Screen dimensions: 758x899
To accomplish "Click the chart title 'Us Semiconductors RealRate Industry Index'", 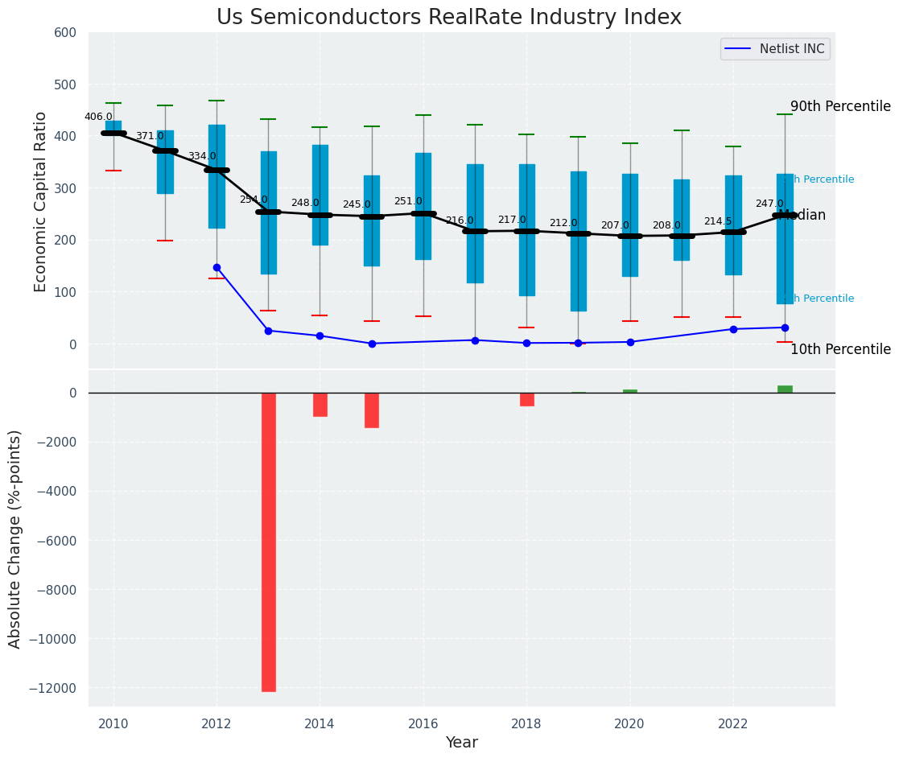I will pos(449,18).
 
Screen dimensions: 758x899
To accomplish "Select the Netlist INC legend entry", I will pos(775,49).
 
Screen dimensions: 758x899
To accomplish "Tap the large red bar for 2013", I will pos(269,542).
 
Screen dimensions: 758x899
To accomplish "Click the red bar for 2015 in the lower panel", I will pos(372,410).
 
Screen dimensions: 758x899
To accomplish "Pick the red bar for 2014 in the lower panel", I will pos(320,404).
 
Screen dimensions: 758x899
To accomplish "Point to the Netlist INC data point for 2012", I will pos(217,267).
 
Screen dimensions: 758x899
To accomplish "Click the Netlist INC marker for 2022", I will pos(733,329).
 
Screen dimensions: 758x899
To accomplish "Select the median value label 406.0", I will pos(99,117).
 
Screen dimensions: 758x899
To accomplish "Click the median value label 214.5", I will pos(718,221).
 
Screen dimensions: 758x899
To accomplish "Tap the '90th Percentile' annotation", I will pos(840,106).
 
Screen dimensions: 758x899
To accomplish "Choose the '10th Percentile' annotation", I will pos(840,349).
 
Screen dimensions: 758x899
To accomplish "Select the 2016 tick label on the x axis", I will pos(423,723).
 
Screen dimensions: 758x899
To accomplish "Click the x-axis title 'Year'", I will pos(462,743).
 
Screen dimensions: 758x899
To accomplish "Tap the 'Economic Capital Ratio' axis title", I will pos(41,201).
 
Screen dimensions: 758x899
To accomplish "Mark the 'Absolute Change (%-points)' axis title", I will pos(15,538).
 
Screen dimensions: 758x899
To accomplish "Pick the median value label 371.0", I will pos(150,137).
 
